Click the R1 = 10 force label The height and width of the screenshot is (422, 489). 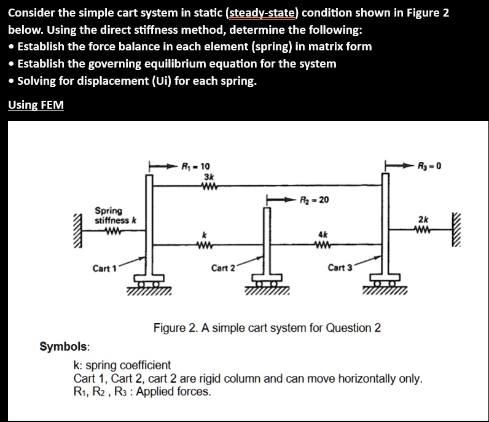pyautogui.click(x=197, y=166)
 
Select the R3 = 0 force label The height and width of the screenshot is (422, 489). pyautogui.click(x=429, y=165)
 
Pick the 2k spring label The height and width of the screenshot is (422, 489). pyautogui.click(x=424, y=219)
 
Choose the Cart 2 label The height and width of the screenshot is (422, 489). pyautogui.click(x=223, y=268)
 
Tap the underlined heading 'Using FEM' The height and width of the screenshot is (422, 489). pyautogui.click(x=36, y=104)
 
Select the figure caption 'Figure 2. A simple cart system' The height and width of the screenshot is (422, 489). pyautogui.click(x=267, y=327)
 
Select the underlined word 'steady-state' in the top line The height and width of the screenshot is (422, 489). pyautogui.click(x=266, y=12)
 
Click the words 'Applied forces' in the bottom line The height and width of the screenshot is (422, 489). pyautogui.click(x=178, y=391)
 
